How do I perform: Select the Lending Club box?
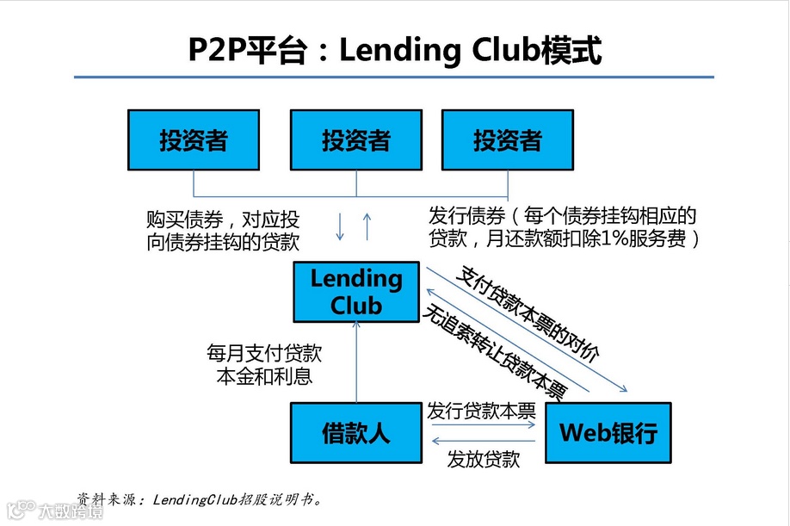(x=356, y=292)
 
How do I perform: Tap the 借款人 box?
(x=356, y=432)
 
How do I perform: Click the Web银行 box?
(x=608, y=432)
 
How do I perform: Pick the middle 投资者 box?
(x=356, y=140)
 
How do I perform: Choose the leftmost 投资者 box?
(x=193, y=140)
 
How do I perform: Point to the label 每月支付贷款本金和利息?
(x=264, y=364)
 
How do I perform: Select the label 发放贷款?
(x=483, y=460)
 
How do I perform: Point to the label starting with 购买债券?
(x=223, y=229)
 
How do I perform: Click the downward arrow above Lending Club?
(x=340, y=225)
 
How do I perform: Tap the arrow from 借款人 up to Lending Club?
(x=356, y=362)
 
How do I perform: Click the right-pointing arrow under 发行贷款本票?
(x=481, y=424)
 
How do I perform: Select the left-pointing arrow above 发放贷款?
(x=483, y=442)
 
